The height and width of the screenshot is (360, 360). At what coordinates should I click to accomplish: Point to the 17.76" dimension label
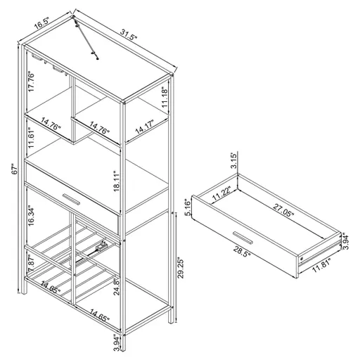click(30, 82)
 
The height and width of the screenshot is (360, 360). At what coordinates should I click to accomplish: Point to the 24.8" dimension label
click(116, 285)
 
